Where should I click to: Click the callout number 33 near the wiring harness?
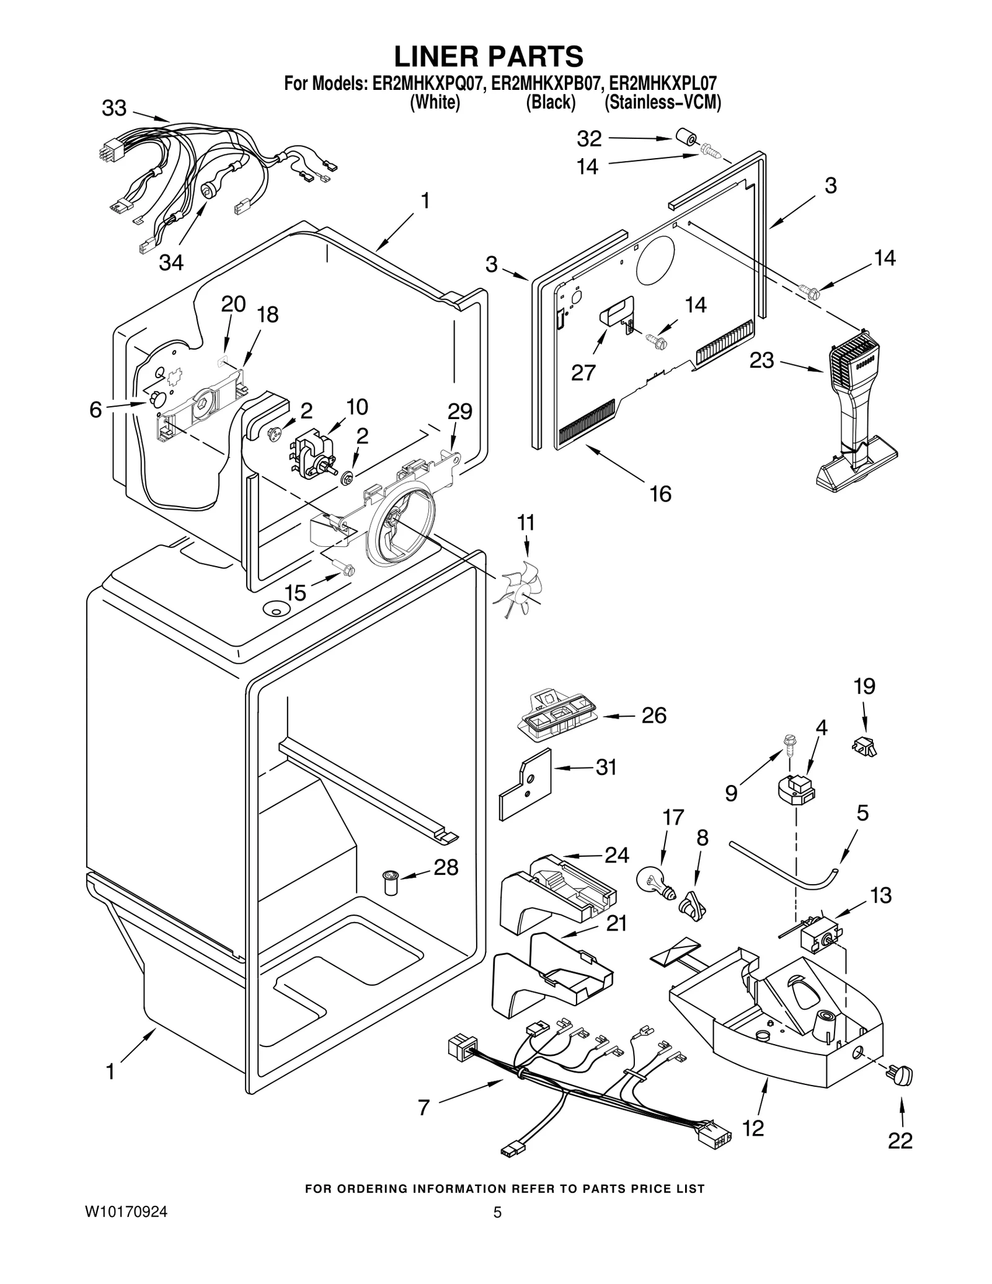[114, 108]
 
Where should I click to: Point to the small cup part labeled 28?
[391, 883]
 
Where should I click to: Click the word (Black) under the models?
[551, 102]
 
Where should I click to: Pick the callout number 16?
[660, 494]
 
